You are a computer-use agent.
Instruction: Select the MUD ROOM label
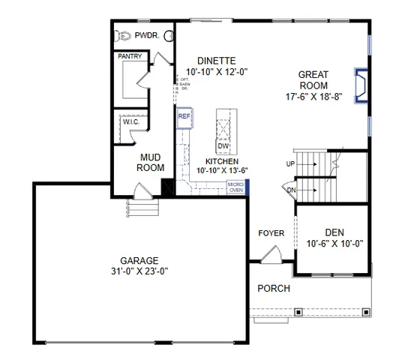[150, 163]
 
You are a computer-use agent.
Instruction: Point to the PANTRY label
[130, 56]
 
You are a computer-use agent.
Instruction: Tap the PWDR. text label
[148, 35]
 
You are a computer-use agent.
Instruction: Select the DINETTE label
[217, 61]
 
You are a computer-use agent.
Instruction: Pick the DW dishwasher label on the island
[223, 145]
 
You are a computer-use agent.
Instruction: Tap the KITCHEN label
[222, 161]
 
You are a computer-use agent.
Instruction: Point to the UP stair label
[291, 163]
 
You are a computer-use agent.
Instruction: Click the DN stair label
[291, 190]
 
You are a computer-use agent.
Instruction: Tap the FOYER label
[271, 233]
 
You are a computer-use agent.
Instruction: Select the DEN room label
[334, 232]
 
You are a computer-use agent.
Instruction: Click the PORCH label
[274, 288]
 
